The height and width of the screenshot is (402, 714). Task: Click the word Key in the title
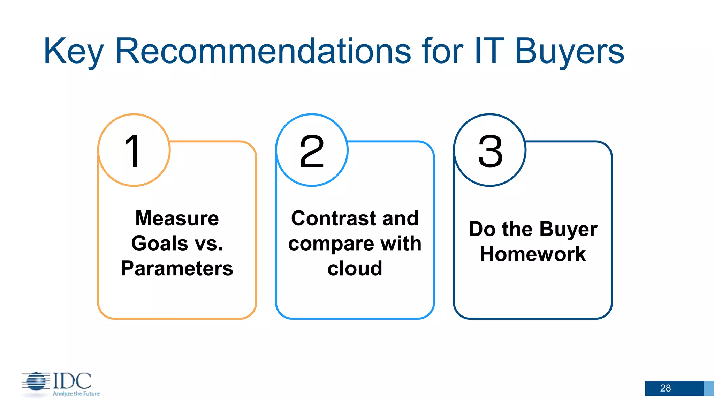[x=73, y=52]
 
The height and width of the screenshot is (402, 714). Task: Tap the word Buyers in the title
[x=569, y=52]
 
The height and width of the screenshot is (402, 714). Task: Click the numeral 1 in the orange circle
[x=133, y=151]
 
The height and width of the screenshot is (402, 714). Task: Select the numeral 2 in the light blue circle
[x=312, y=151]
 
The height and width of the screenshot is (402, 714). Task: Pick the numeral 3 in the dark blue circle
[x=490, y=151]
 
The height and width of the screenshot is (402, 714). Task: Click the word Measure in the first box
[x=177, y=218]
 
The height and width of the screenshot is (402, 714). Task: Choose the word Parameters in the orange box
[x=177, y=268]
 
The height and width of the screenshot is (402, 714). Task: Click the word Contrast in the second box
[x=333, y=218]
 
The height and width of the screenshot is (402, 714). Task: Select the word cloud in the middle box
[x=355, y=268]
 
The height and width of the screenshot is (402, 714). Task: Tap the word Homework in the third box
[x=532, y=254]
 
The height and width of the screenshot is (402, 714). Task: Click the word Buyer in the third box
[x=568, y=230]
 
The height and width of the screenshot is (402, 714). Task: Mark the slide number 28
[x=665, y=388]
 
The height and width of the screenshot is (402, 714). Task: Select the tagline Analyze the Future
[x=76, y=394]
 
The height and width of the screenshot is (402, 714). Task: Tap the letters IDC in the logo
[x=72, y=381]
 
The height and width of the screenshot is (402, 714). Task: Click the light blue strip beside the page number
[x=709, y=388]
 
